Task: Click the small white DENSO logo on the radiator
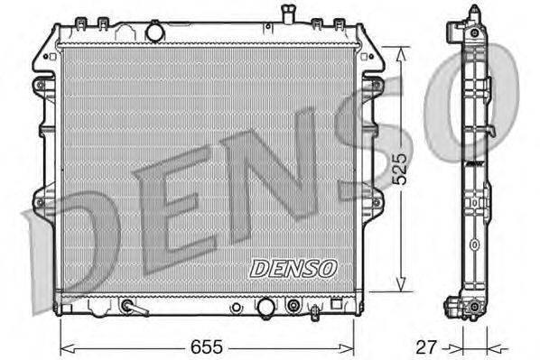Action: tap(293, 268)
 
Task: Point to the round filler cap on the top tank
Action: tap(154, 32)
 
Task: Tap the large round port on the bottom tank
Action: tap(265, 308)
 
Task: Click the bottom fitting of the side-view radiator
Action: tap(472, 311)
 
